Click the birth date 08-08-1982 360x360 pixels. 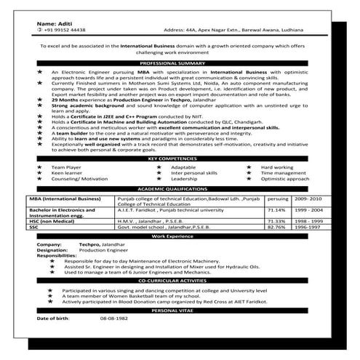[113, 319]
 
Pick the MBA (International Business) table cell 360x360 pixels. [63, 197]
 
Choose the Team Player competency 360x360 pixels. [64, 167]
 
